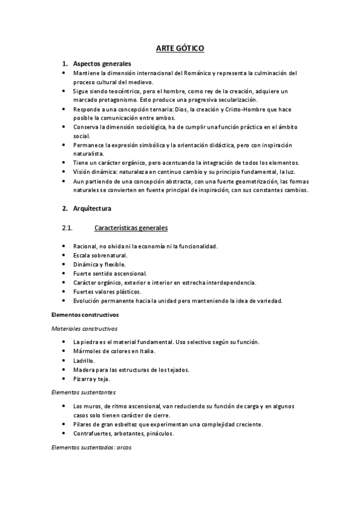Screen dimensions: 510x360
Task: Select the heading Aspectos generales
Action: point(102,64)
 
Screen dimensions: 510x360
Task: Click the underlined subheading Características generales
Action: point(131,228)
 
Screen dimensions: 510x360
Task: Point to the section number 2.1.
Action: point(67,228)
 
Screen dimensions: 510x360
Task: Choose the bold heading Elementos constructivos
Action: point(85,314)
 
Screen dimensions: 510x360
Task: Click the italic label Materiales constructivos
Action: point(84,328)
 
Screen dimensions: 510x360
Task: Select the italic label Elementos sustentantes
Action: point(83,391)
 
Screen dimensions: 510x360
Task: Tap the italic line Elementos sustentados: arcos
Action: point(91,447)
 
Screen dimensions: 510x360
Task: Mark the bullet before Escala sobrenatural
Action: point(64,255)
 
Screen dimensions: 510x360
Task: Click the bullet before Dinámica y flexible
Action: point(64,264)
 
